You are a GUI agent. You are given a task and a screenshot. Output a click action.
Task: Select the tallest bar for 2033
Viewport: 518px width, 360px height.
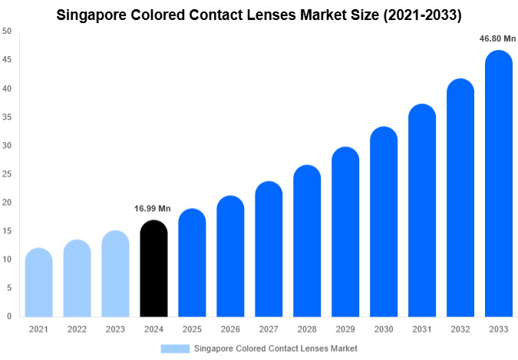499,184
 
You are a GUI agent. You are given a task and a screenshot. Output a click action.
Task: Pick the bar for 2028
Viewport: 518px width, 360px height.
307,241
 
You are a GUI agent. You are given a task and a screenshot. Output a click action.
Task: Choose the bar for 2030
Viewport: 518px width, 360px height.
384,222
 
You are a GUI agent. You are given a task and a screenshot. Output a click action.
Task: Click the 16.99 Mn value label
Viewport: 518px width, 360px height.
153,208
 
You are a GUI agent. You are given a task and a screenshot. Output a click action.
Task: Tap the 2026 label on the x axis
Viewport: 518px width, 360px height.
230,329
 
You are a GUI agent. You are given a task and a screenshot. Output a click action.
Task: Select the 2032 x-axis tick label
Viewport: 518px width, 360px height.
460,329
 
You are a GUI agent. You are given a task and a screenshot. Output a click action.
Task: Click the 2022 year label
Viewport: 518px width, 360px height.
77,329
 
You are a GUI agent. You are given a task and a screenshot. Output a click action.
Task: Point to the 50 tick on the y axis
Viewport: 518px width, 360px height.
7,31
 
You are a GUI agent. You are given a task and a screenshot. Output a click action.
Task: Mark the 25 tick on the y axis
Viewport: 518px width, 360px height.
7,174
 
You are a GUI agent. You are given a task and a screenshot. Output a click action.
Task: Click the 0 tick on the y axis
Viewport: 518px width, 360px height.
9,316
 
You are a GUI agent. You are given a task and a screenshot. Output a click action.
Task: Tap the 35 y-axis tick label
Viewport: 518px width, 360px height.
7,117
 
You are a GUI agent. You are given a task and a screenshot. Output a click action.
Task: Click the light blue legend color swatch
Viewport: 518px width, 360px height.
174,348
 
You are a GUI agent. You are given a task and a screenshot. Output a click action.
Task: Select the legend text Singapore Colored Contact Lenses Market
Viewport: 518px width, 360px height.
275,348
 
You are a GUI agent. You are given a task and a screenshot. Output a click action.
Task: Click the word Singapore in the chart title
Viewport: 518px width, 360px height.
93,13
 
